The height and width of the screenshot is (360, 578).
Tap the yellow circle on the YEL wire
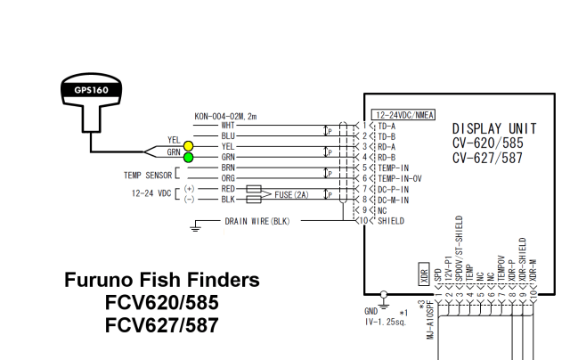(x=188, y=146)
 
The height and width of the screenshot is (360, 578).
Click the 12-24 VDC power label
(x=152, y=194)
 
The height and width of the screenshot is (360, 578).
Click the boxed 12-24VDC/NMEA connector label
(x=403, y=115)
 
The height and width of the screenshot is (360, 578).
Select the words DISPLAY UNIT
(x=493, y=129)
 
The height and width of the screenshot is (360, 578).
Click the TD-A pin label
(x=387, y=126)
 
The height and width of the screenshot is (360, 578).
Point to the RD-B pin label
(x=387, y=157)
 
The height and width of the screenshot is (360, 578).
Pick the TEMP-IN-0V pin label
(x=397, y=178)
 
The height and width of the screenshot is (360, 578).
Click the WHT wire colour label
(x=228, y=126)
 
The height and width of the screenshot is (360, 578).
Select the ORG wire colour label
(x=228, y=178)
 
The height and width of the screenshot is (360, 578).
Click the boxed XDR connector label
(x=425, y=276)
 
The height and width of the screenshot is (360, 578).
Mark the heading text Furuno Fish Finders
(x=162, y=281)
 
